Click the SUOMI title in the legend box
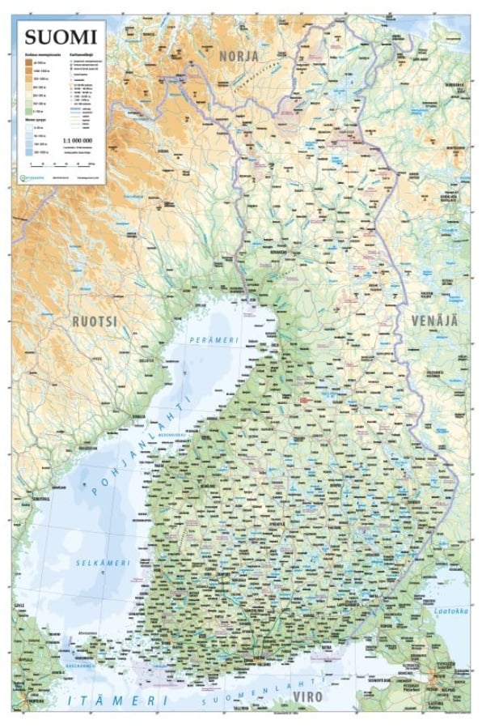(60, 36)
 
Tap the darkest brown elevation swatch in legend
(36, 62)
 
